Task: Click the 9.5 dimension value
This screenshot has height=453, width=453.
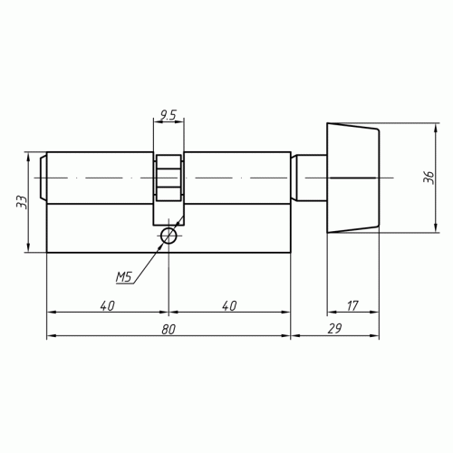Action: pos(168,115)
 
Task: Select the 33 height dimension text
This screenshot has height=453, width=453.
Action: pos(22,202)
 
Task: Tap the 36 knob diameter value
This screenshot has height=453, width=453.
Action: pos(429,178)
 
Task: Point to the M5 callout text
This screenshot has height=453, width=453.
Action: pos(124,277)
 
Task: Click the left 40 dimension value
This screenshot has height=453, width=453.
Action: pos(108,305)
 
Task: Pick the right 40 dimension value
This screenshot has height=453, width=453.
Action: pos(229,305)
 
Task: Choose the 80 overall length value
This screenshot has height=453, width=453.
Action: pos(169,329)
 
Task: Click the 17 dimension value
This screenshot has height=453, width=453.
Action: pos(352,305)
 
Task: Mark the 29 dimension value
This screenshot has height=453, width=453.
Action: pos(334,329)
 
